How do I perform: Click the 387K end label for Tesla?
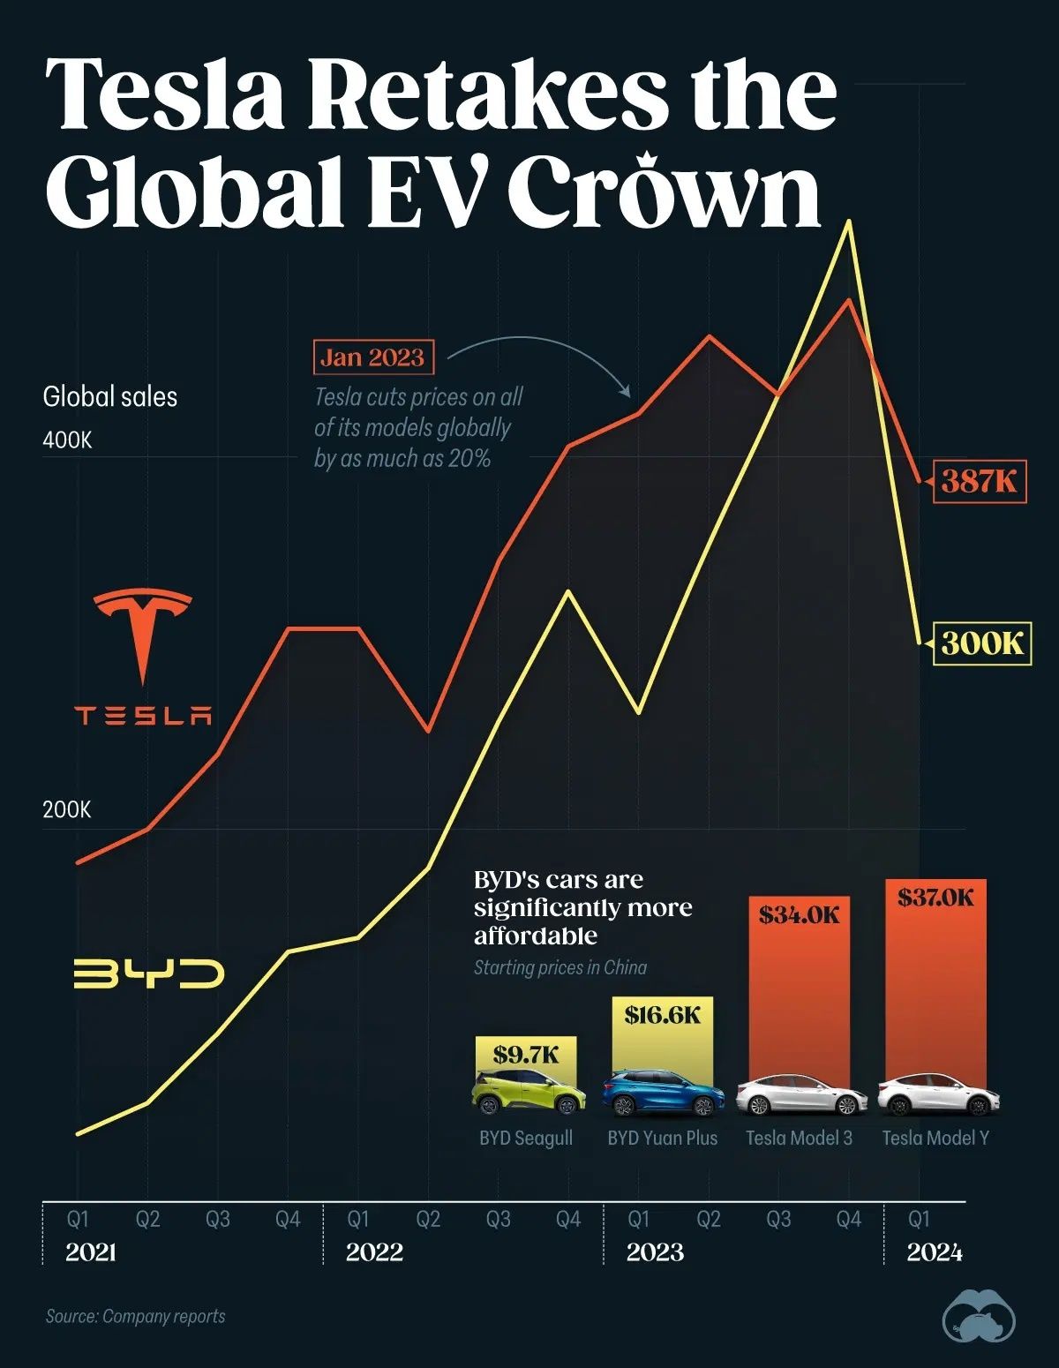point(980,481)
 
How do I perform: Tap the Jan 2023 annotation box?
point(372,357)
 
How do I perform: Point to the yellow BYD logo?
point(148,973)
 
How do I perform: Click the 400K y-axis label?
point(67,440)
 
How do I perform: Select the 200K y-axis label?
point(67,809)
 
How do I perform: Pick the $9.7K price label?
point(526,1054)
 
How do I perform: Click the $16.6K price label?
point(662,1015)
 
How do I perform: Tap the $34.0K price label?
point(800,914)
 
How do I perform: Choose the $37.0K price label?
point(935,898)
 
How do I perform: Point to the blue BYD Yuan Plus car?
point(663,1094)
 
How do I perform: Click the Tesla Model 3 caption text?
point(799,1138)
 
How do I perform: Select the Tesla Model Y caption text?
point(935,1138)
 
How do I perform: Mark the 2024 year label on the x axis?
point(934,1251)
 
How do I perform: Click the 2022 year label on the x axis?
point(374,1251)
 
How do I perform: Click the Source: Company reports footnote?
point(135,1316)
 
